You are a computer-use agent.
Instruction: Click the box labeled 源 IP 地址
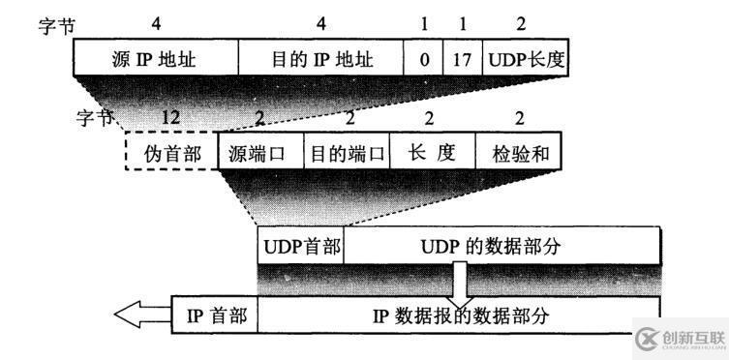(155, 60)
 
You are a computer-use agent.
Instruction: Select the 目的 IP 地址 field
(320, 60)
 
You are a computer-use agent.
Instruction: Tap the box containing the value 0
(423, 60)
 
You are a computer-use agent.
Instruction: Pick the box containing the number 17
(462, 60)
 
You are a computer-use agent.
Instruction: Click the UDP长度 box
(525, 60)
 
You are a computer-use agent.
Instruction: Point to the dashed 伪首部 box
(170, 152)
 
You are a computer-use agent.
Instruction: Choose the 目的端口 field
(345, 152)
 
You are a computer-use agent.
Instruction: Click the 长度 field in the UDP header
(432, 152)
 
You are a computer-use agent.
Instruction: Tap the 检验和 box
(517, 152)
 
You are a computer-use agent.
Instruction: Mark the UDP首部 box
(301, 246)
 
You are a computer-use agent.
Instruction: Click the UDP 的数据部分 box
(501, 246)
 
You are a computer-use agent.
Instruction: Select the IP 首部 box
(215, 314)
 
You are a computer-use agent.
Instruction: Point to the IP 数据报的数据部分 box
(458, 314)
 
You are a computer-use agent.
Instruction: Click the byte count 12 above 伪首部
(170, 117)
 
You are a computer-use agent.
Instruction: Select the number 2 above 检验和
(519, 117)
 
